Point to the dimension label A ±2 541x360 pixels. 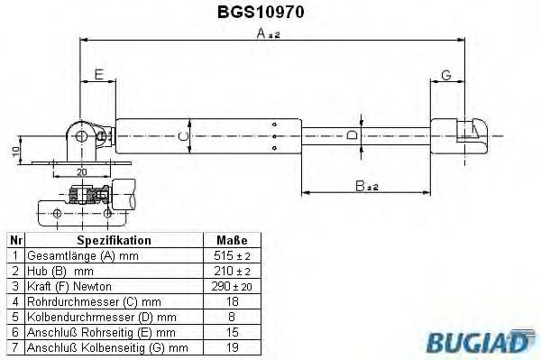[x=268, y=34]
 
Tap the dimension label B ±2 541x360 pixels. [x=366, y=186]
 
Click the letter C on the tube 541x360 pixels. [x=182, y=136]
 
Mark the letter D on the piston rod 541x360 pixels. [x=353, y=136]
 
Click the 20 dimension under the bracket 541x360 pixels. [x=82, y=171]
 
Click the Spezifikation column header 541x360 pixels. [x=114, y=241]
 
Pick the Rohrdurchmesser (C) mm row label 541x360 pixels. [x=94, y=301]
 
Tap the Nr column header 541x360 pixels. [x=14, y=241]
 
